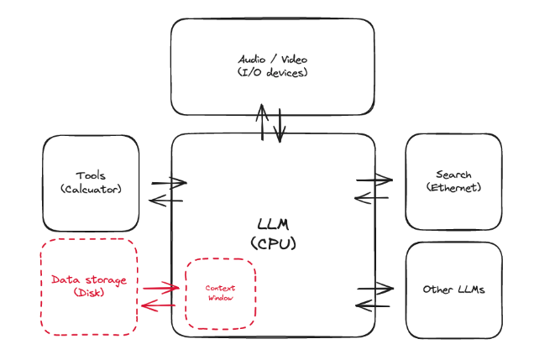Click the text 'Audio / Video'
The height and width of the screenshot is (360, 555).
coord(273,60)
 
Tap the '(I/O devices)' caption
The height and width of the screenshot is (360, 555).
coord(273,72)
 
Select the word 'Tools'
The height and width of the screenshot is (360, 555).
coord(91,175)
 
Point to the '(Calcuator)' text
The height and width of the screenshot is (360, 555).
coord(91,189)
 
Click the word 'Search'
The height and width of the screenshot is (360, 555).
coord(453,175)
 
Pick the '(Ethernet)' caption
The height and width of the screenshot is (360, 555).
coord(453,188)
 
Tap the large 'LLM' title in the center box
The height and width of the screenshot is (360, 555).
coord(273,225)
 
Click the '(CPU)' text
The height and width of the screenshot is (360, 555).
coord(273,243)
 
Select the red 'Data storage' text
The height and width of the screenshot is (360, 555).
coord(89,279)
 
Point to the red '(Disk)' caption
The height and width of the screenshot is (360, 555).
coord(89,293)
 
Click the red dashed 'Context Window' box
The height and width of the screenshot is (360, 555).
coord(220,293)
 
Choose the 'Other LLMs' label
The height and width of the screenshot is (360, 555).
coord(453,290)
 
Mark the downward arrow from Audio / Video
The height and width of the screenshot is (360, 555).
coord(280,124)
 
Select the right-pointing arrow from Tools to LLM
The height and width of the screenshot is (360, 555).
coord(168,182)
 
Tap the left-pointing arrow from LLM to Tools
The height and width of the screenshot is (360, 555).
coord(165,200)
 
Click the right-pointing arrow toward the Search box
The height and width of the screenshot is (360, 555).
coord(374,179)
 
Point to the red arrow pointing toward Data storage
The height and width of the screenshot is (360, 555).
coord(160,305)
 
